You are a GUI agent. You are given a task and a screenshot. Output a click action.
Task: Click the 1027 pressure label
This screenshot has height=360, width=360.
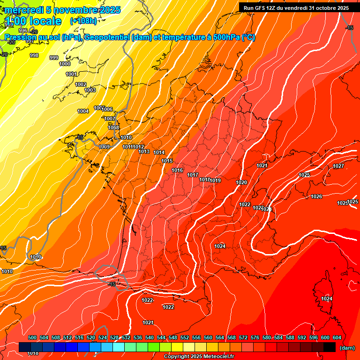coord(338,166)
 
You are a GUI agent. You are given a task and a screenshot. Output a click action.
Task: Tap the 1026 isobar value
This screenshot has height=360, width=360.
coord(316,196)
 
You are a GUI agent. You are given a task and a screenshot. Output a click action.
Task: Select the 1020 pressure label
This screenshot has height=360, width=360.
coord(241,182)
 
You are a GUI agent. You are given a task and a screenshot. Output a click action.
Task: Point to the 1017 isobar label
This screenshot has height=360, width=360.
coord(193,175)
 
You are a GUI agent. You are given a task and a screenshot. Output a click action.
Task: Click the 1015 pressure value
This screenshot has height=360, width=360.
coord(167,161)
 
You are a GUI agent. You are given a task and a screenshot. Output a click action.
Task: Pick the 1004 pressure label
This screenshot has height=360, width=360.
coord(83,111)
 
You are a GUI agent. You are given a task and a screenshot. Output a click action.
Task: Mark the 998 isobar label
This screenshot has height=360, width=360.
coord(34,55)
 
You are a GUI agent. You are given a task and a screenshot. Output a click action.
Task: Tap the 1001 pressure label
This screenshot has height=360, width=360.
coord(71,74)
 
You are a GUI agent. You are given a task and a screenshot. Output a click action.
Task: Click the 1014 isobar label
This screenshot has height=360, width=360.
coord(159,152)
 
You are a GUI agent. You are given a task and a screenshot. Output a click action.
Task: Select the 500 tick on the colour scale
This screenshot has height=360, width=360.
coord(32,337)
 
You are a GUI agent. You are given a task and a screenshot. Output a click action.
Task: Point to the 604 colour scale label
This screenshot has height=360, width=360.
coord(337,337)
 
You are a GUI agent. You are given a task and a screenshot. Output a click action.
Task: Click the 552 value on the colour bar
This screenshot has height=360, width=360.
coord(185,337)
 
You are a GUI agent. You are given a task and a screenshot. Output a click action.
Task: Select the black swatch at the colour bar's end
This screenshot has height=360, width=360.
coord(330,347)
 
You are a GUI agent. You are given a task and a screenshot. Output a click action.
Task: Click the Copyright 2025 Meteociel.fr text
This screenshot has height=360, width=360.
coord(198,356)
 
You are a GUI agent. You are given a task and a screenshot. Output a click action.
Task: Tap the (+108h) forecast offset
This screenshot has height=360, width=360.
coord(83,21)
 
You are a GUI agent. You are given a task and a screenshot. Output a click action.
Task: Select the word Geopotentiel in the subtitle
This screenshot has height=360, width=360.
coord(108,37)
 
